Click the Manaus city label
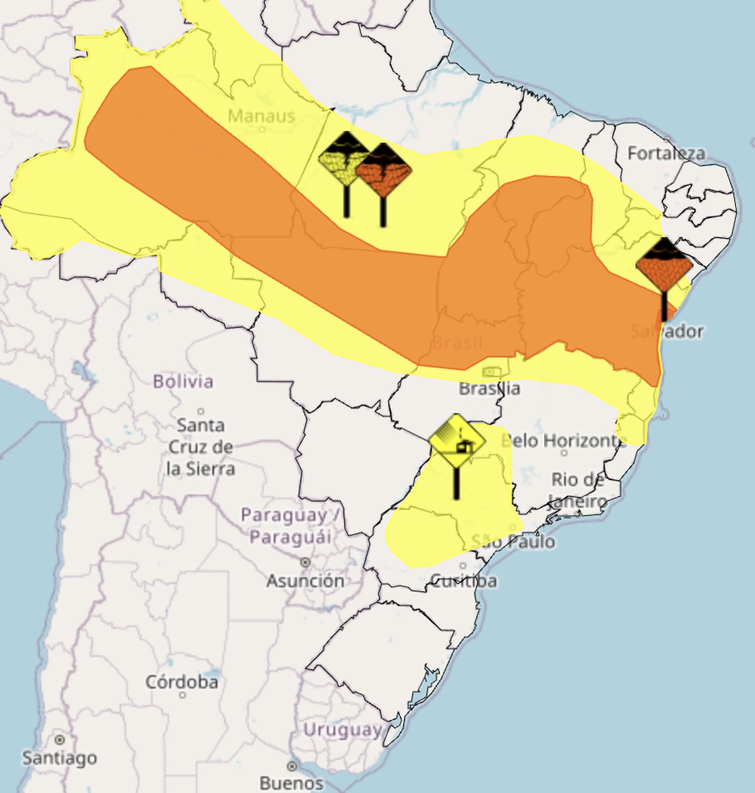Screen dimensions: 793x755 tap(261, 116)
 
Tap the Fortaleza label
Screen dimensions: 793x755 tap(666, 153)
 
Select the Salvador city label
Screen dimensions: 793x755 tap(667, 331)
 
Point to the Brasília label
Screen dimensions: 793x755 tap(489, 388)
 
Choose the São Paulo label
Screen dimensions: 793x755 tap(513, 541)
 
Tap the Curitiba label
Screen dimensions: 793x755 tap(463, 580)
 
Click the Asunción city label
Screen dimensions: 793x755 tap(305, 580)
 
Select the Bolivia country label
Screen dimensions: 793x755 tap(183, 381)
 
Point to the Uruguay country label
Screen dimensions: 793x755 tap(342, 729)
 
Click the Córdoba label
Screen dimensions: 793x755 tap(182, 682)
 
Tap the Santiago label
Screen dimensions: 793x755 tap(60, 758)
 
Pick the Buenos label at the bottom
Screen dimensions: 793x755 tap(291, 782)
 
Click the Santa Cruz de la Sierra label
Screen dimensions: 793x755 tap(200, 446)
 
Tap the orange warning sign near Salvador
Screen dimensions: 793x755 tap(664, 265)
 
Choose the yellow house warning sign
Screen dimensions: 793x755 tap(457, 441)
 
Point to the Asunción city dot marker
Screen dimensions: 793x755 tap(305, 562)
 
